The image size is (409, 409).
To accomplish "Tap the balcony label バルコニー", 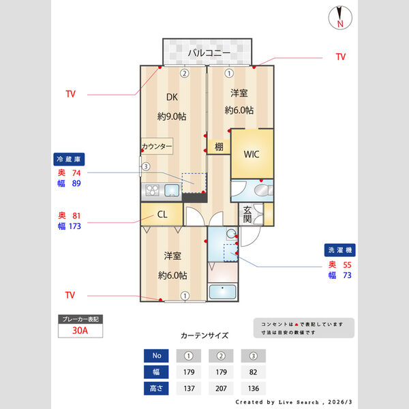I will [x=209, y=52].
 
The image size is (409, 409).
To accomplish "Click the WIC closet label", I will [x=252, y=154].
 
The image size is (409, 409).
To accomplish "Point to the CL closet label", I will [x=162, y=215].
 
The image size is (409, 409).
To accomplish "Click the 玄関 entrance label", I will [x=247, y=215].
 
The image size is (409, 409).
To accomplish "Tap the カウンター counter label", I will [x=157, y=147].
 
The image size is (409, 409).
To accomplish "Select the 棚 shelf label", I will [x=218, y=147].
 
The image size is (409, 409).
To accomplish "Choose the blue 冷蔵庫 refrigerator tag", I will [x=69, y=159].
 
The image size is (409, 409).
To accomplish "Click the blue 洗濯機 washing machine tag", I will [x=338, y=250].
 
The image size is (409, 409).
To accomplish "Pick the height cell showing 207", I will [x=221, y=389].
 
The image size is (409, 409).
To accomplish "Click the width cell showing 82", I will [x=253, y=373].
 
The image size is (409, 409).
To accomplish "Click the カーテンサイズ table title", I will [x=204, y=336].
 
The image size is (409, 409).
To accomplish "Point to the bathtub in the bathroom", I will [x=222, y=293].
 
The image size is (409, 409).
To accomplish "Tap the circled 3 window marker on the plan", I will [x=145, y=166].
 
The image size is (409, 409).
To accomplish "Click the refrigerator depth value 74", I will [x=76, y=173].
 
